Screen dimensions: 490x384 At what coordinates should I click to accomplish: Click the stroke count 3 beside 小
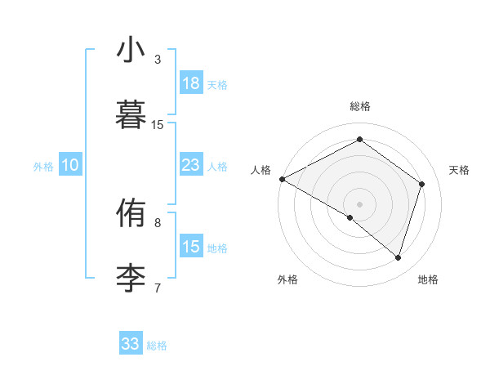coord(158,60)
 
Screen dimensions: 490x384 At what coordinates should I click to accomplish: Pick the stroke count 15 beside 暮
coord(158,124)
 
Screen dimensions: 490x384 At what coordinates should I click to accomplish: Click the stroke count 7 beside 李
coord(158,287)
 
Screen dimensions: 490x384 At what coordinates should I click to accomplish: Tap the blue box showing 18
coord(191,83)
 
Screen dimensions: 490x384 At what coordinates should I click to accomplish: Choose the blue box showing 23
coord(191,165)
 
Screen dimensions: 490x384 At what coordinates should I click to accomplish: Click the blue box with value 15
coord(191,247)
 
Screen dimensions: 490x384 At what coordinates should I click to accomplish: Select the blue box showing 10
coord(70,165)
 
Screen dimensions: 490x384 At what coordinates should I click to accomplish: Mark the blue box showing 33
coord(131,344)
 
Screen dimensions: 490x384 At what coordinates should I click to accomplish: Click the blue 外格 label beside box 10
coord(43,166)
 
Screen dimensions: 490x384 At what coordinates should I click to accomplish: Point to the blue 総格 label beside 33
coord(157,346)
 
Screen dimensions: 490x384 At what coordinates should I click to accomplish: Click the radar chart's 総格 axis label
coord(360,106)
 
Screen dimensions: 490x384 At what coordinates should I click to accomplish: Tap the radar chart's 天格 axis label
coord(459,170)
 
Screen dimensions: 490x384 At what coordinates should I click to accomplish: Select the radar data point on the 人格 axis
coord(282,178)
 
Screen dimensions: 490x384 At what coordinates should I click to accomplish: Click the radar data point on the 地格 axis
coord(398,257)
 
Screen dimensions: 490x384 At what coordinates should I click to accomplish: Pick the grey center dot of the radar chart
coord(359,203)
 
